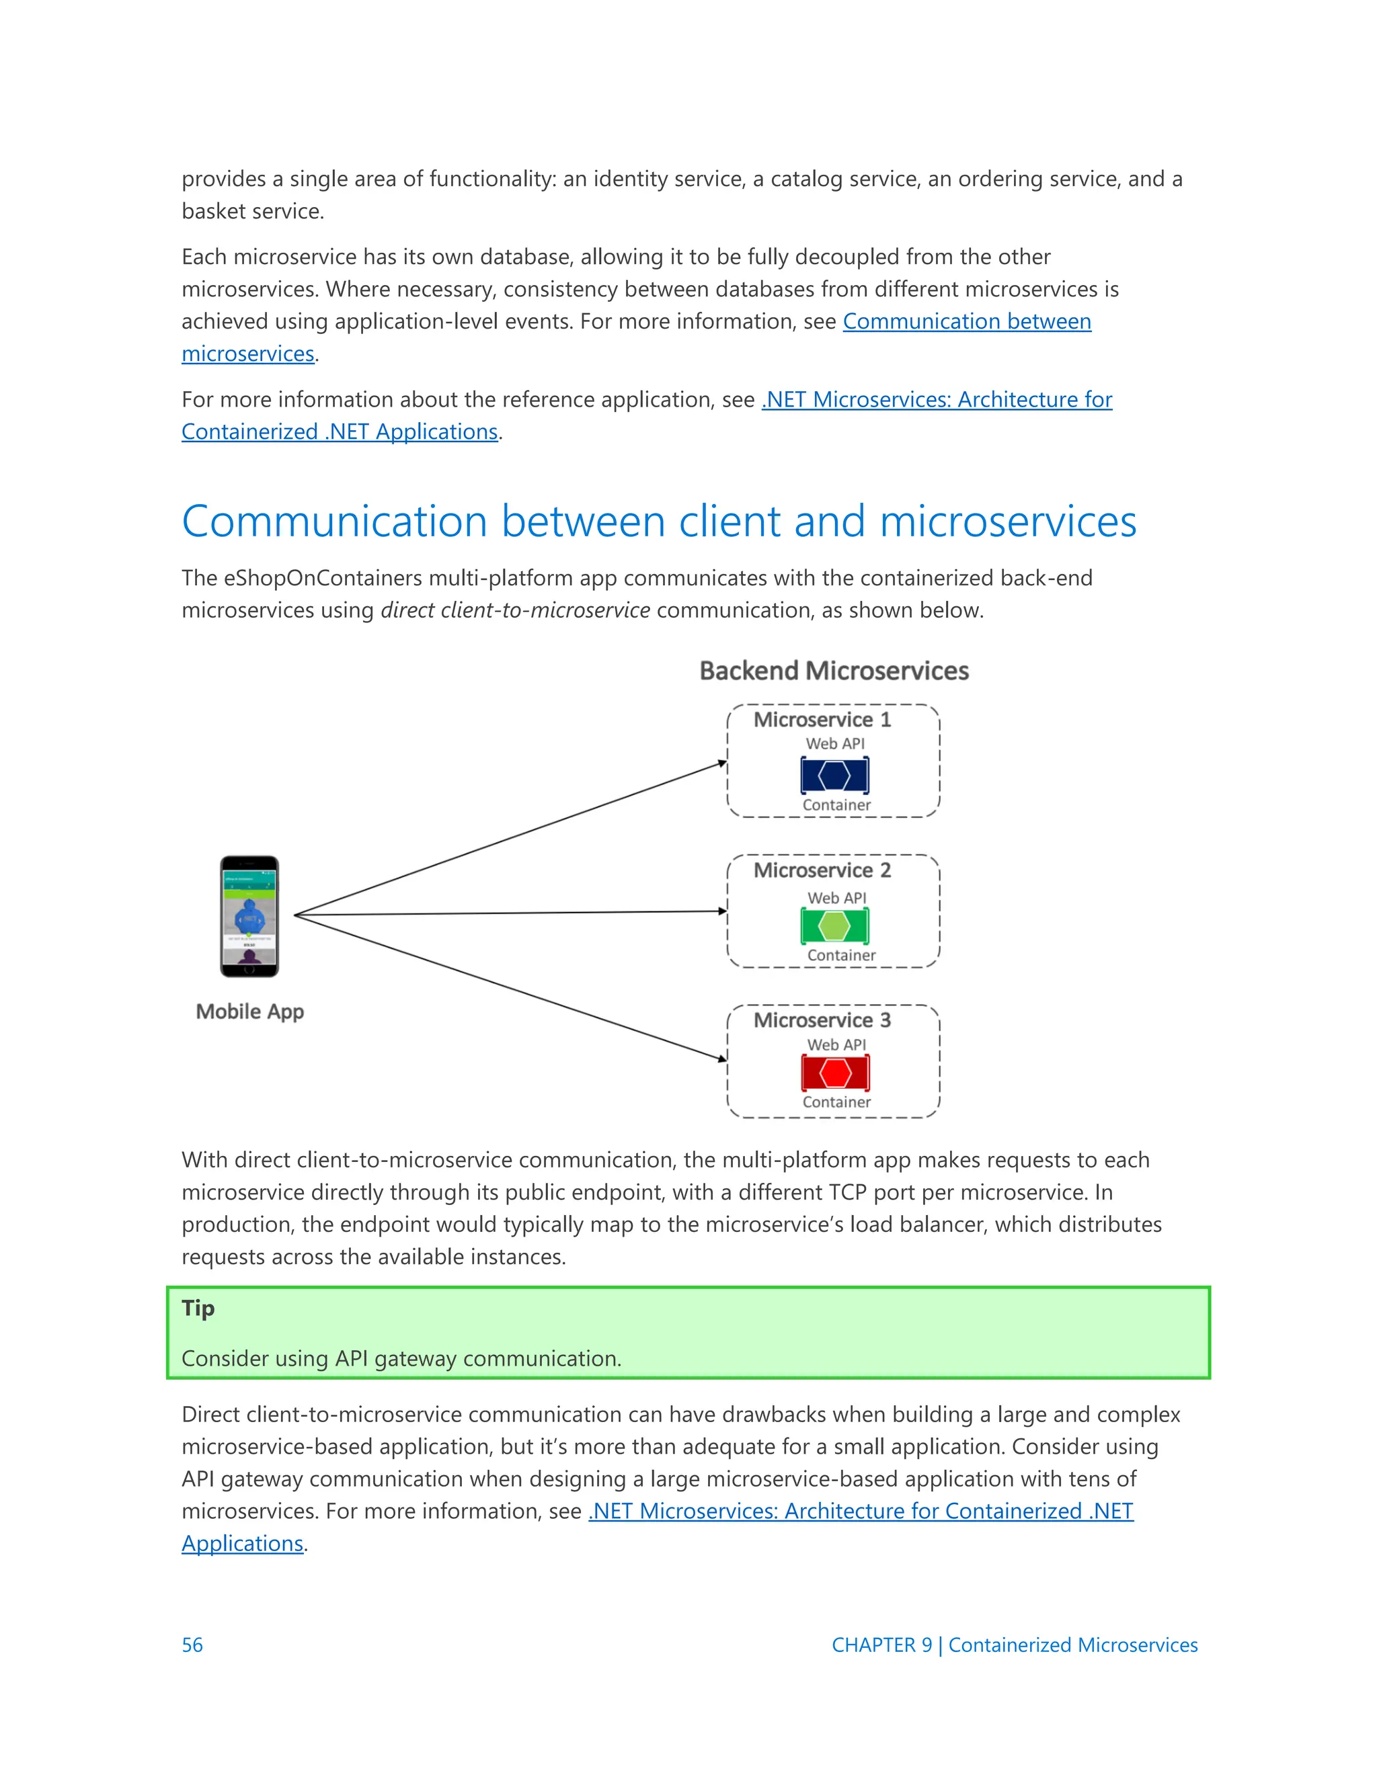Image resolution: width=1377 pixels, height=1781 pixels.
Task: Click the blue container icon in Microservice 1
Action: [834, 775]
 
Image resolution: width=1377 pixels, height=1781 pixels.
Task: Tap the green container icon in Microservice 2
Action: [834, 925]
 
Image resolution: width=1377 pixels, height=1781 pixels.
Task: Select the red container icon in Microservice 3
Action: [834, 1073]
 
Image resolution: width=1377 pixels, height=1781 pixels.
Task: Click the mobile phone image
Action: [249, 916]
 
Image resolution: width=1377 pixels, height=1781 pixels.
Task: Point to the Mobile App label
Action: [249, 1011]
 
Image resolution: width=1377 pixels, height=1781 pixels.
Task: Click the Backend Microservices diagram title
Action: [834, 670]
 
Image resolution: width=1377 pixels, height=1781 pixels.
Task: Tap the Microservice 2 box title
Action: [822, 870]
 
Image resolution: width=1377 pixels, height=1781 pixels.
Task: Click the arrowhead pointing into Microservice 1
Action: [722, 763]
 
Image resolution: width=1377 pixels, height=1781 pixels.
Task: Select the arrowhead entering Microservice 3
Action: [722, 1059]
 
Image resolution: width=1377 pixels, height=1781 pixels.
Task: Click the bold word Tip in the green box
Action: [198, 1308]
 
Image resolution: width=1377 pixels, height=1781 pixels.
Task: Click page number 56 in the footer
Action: [192, 1645]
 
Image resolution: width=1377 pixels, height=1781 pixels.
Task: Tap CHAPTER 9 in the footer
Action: [881, 1645]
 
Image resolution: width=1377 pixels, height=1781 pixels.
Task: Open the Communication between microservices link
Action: [966, 321]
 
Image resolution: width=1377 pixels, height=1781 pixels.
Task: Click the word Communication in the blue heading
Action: [334, 522]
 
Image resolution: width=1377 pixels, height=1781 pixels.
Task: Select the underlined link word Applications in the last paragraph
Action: [242, 1543]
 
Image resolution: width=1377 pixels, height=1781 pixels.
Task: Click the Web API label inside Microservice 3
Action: [836, 1044]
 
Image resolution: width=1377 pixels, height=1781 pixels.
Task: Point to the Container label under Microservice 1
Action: [836, 805]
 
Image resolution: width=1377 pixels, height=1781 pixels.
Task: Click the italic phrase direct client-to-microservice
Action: [515, 610]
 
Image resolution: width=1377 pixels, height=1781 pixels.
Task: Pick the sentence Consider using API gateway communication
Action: [401, 1358]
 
